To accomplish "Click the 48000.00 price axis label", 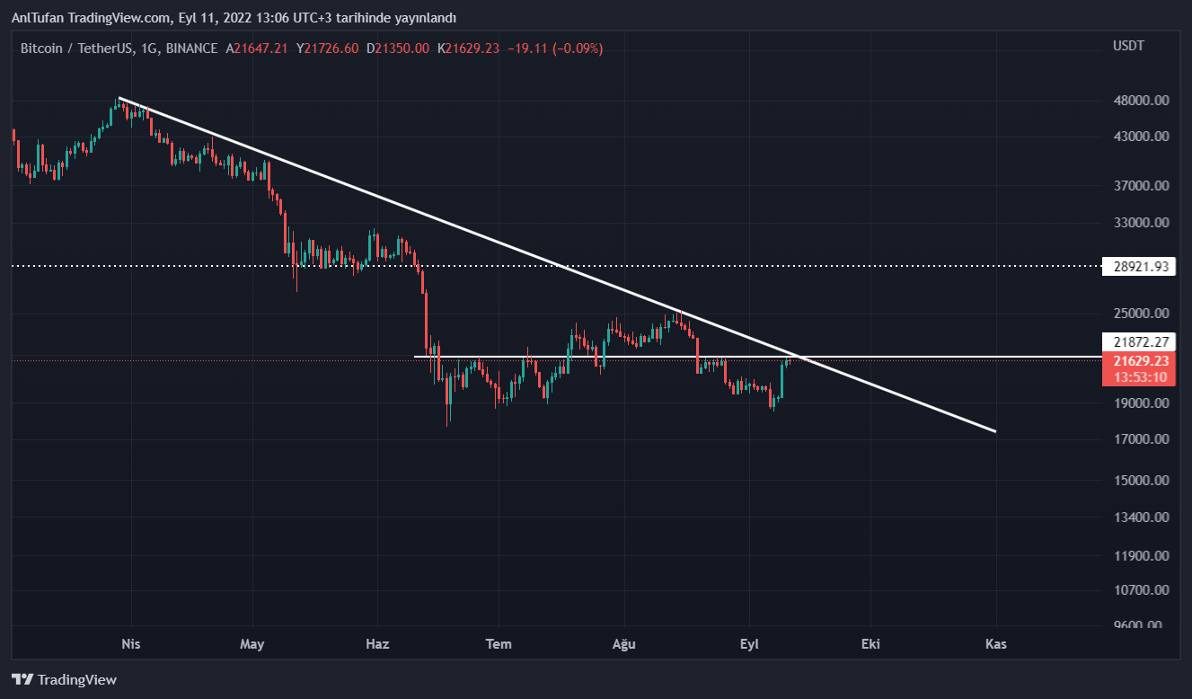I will click(1141, 101).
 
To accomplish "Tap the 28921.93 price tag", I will click(1139, 267).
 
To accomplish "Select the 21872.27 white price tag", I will click(1139, 342).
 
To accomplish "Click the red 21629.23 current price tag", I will click(1139, 360).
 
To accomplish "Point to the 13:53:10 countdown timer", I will click(1139, 376).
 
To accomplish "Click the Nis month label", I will click(131, 644).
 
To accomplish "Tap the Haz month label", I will click(377, 644).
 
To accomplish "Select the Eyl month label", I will click(749, 644).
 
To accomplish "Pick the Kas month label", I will click(995, 644).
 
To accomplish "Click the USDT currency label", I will click(1128, 46).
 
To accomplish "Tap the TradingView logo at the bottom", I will click(64, 680).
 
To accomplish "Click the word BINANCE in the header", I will click(191, 49).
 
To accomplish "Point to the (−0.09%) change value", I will click(578, 49).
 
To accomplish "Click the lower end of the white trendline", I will click(995, 431).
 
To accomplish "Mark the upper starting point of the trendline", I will click(119, 97).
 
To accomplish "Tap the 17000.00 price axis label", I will click(1141, 439).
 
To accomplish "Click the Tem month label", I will click(499, 644).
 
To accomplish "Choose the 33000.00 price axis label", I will click(1141, 223).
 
